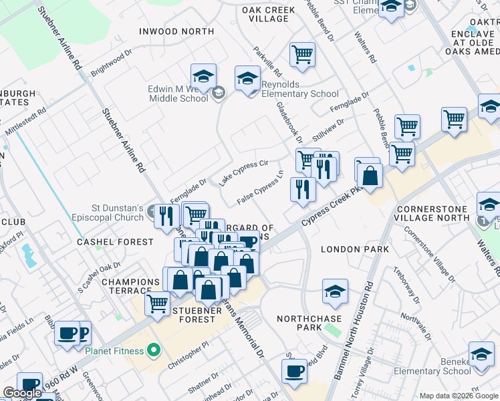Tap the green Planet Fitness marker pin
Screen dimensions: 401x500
coord(153,350)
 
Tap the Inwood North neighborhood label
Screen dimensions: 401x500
coord(176,31)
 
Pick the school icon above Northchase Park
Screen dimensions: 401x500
coord(335,291)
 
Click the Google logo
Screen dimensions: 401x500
coord(22,393)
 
